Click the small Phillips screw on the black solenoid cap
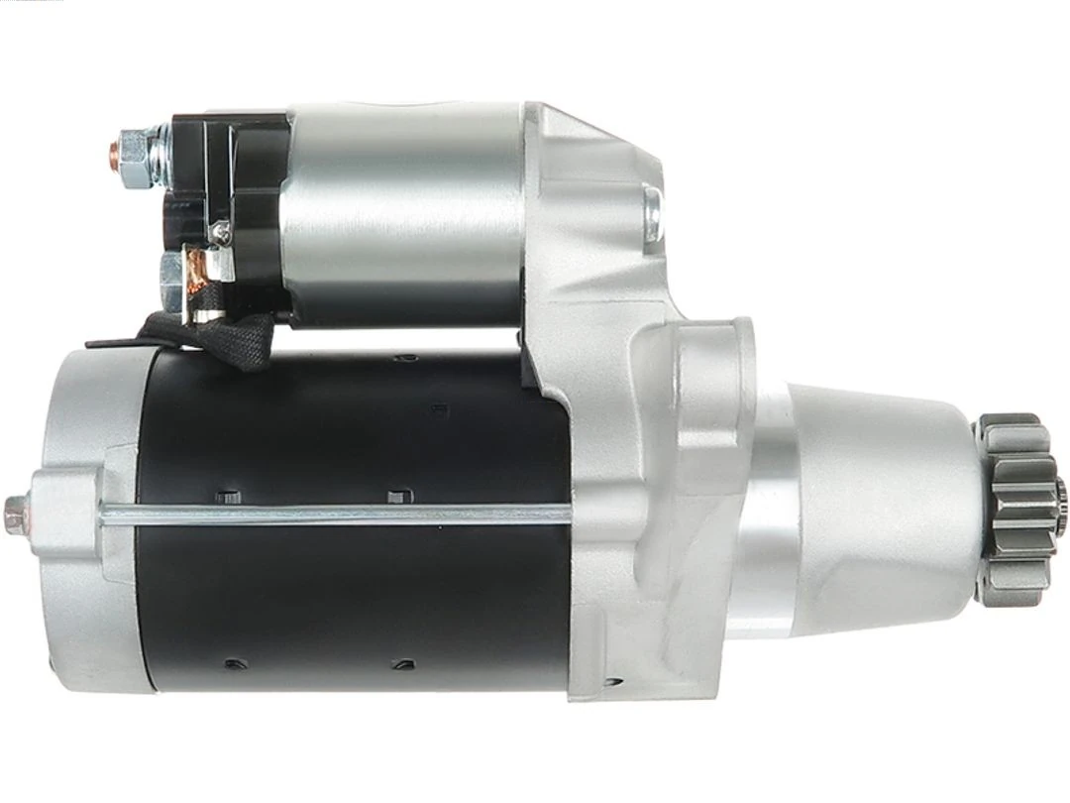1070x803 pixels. click(x=222, y=232)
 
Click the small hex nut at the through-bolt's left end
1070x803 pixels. click(x=14, y=516)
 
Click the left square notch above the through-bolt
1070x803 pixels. click(x=227, y=495)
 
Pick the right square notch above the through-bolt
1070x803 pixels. click(x=396, y=495)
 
